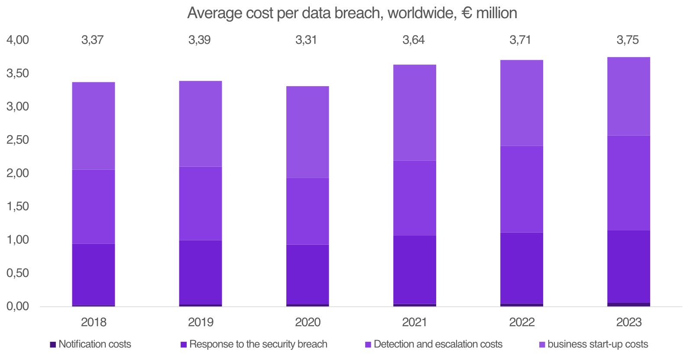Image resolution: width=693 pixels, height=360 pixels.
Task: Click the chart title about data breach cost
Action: (352, 13)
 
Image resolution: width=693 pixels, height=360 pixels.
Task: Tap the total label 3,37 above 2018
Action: (92, 40)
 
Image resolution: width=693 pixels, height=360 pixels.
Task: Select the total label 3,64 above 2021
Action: (414, 40)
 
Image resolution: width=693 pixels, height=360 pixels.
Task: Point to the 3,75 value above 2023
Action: (628, 40)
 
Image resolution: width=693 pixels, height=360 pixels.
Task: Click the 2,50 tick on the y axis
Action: (17, 140)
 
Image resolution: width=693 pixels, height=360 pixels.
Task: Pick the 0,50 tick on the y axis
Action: (17, 273)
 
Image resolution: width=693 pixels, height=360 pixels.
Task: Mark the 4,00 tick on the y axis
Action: (17, 40)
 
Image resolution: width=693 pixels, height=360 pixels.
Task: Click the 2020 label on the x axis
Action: (308, 322)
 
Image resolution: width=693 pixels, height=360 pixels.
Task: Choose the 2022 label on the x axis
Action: (521, 322)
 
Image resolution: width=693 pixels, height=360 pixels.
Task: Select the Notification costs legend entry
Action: (91, 344)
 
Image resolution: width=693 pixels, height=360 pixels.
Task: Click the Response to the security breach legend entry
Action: (254, 344)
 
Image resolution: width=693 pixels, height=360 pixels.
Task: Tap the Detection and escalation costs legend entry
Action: (434, 344)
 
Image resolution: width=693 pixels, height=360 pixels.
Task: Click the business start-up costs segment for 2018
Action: (94, 126)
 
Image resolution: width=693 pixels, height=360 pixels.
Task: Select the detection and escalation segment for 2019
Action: (201, 203)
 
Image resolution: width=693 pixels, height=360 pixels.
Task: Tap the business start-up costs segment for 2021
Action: (415, 113)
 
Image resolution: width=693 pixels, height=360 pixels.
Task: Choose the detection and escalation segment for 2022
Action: (521, 189)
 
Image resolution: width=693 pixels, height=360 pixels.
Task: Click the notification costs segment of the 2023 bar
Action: (628, 305)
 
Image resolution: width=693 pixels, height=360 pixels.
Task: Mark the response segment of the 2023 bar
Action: (628, 266)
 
